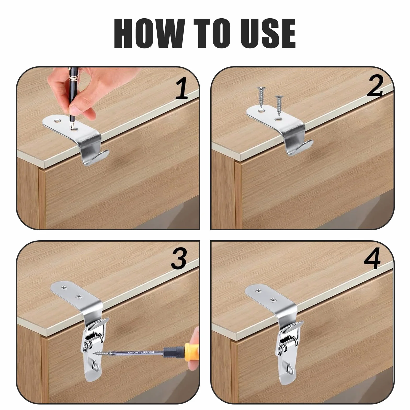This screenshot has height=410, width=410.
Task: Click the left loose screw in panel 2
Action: point(261,98)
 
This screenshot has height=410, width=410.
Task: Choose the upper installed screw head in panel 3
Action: point(64,288)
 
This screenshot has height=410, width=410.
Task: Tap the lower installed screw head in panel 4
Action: point(273,300)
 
